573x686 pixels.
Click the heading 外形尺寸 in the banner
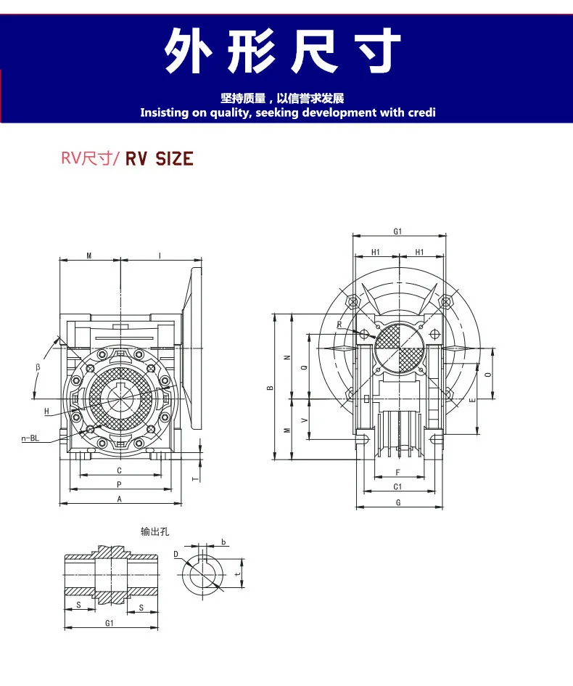pos(283,52)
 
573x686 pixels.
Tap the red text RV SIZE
pos(160,158)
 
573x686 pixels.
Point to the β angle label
pos(38,367)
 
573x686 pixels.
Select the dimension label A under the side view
pos(120,499)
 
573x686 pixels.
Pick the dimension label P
pos(120,484)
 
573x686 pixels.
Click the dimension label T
pos(194,478)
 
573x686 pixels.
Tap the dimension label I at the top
pos(160,255)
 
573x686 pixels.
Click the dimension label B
pos(270,388)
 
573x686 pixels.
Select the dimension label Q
pos(303,367)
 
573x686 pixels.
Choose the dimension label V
pos(303,420)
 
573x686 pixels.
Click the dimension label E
pos(472,400)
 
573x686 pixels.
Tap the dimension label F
pos(397,473)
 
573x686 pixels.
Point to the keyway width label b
pos(223,542)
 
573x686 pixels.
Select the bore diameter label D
pos(176,554)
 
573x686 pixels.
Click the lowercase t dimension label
pos(237,573)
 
